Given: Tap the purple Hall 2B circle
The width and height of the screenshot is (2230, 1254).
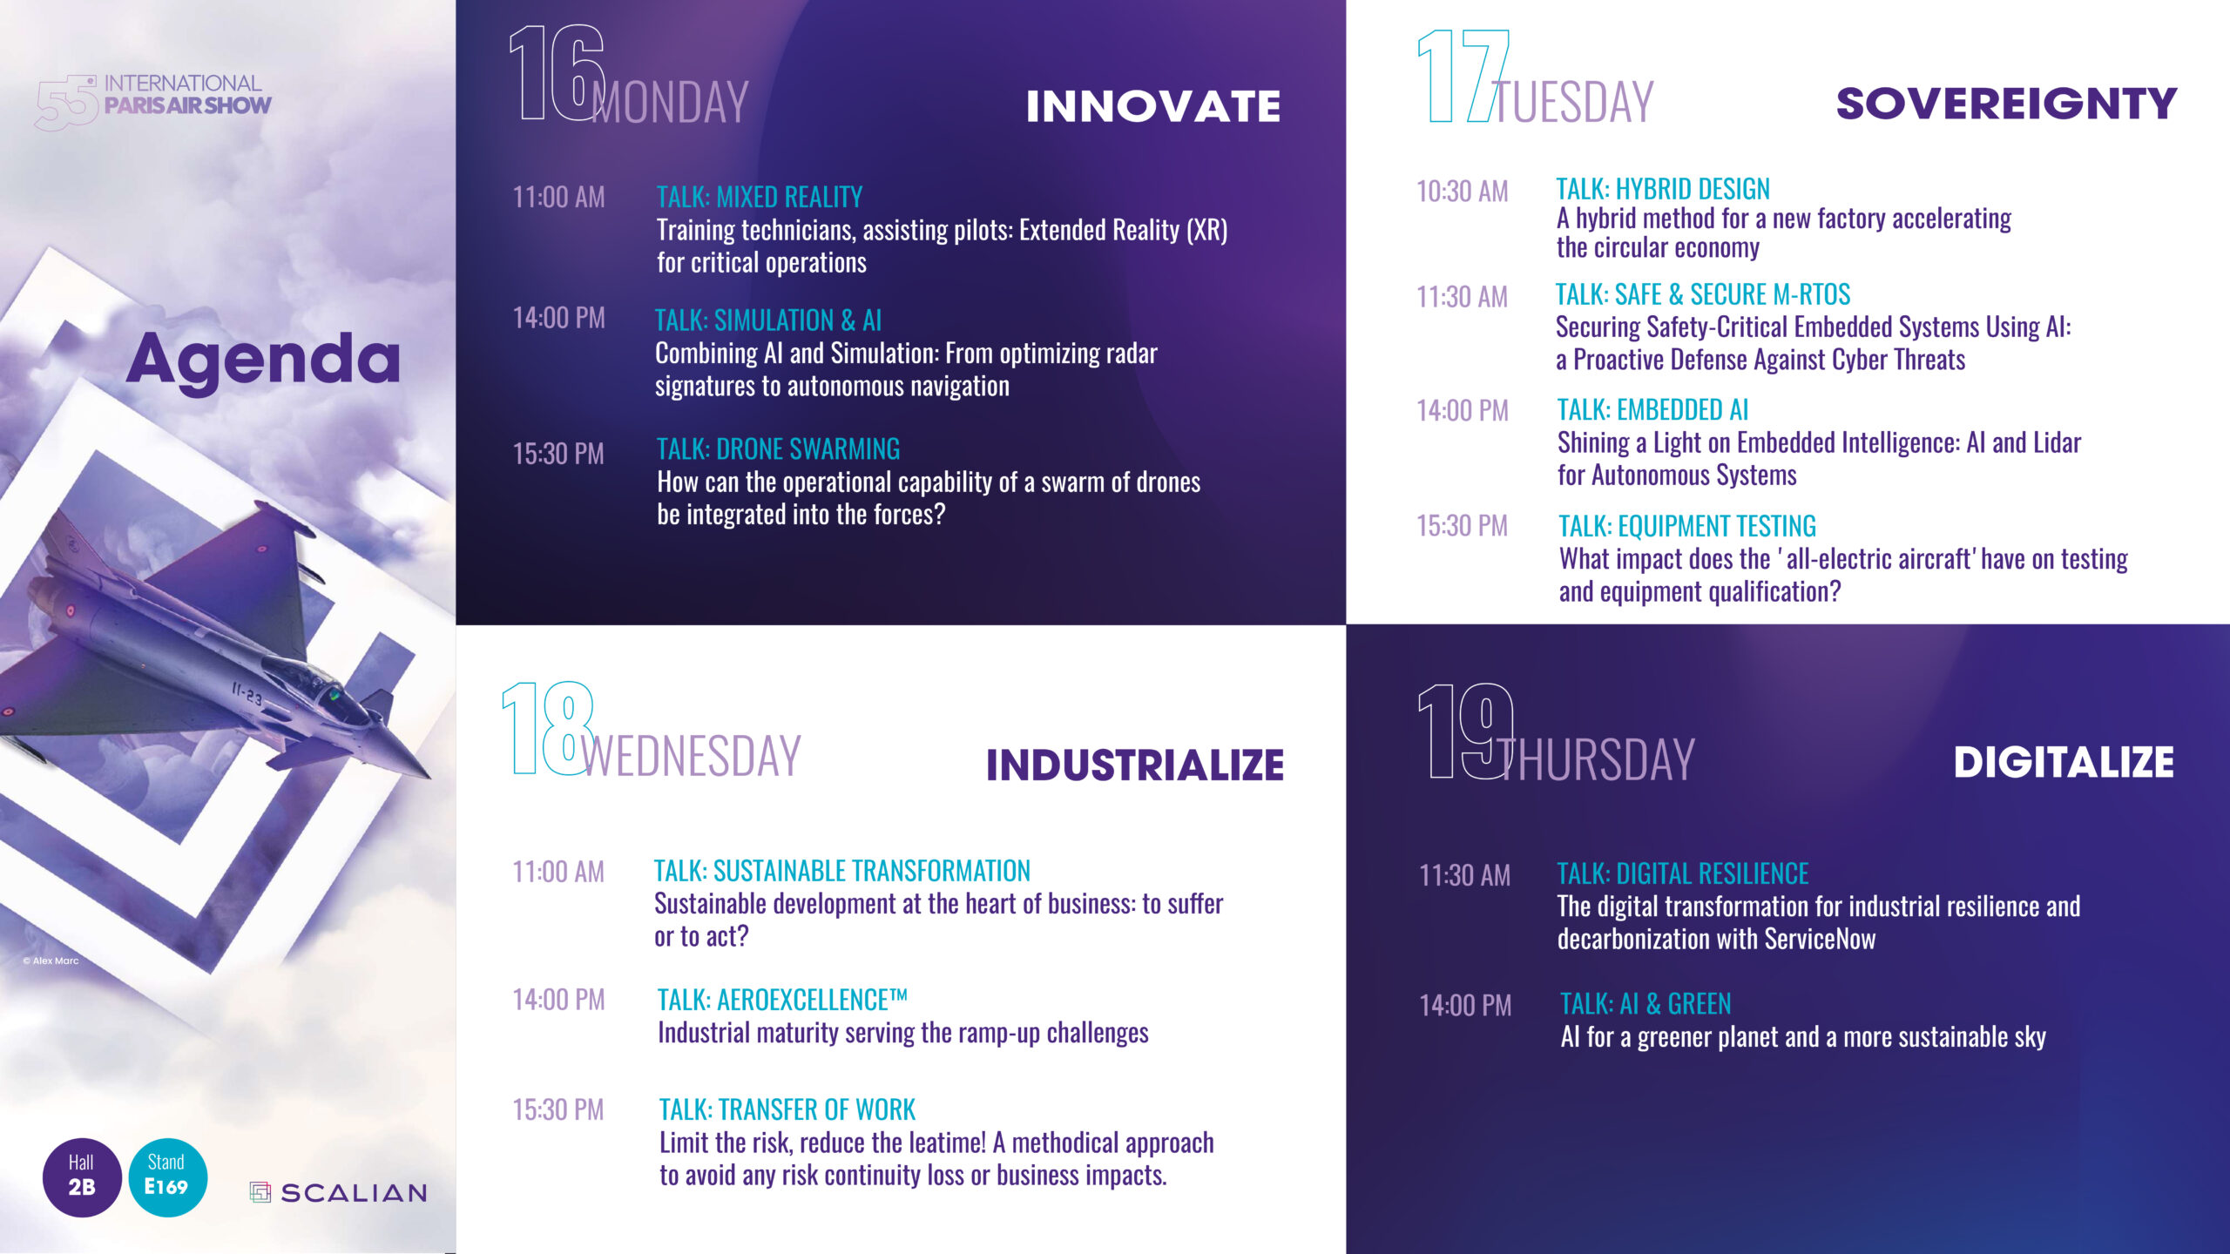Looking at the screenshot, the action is coord(82,1176).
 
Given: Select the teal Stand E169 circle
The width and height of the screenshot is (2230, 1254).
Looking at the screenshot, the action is coord(167,1176).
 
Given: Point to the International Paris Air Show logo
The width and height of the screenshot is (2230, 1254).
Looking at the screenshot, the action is coord(153,101).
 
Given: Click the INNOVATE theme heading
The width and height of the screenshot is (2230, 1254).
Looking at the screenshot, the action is coord(1153,106).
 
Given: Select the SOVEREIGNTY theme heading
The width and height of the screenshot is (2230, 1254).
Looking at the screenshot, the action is coord(2006,104).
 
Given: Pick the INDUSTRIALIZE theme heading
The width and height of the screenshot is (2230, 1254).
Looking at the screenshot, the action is coord(1135,765).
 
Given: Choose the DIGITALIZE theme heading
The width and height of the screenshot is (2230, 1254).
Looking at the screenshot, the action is coord(2064,762).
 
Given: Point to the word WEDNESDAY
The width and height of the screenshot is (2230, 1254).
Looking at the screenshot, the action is coord(691,756).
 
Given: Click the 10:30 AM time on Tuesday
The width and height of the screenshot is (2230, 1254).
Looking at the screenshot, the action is coord(1462,192).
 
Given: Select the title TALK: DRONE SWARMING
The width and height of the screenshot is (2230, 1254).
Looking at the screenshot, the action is coord(778,448).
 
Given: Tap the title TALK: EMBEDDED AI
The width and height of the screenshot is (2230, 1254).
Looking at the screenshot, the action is coord(1652,409).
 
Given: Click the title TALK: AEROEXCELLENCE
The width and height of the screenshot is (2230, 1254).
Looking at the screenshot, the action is coord(782,999).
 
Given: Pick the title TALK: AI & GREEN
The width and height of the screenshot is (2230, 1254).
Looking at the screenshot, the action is coord(1645,1004).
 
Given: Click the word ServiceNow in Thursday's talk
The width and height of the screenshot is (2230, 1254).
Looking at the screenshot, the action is coord(1820,939).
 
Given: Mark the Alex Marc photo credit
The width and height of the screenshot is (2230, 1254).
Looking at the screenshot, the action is coord(51,961).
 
